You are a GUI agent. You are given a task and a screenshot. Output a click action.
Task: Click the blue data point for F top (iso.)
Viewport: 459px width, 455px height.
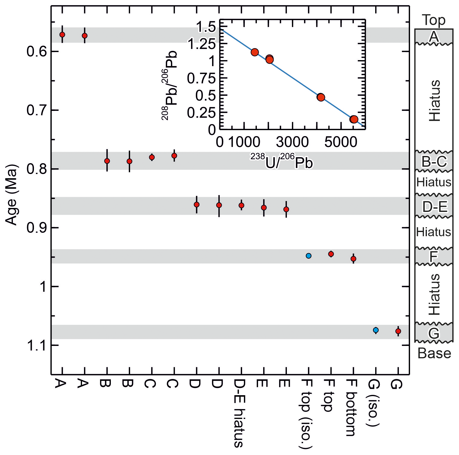(x=309, y=256)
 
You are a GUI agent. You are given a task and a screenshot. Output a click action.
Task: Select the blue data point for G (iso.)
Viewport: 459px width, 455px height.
(x=375, y=330)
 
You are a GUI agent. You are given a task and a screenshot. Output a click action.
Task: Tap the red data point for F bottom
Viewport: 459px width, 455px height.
(x=353, y=259)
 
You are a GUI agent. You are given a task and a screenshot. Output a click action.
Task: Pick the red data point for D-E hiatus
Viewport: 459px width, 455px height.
(x=241, y=205)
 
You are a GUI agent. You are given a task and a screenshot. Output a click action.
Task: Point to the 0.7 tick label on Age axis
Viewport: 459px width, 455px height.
(x=36, y=111)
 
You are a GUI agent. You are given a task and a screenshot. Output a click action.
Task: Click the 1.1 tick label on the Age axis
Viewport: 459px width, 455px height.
(x=36, y=346)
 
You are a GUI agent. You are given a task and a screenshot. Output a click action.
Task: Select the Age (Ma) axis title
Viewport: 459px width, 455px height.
(x=12, y=195)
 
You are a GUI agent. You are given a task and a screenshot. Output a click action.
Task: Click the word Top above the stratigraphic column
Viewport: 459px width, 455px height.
(x=434, y=20)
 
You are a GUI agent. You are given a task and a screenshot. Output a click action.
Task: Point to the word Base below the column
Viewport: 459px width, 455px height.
(x=434, y=353)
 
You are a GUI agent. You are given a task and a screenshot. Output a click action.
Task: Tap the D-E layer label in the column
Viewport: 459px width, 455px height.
(x=435, y=207)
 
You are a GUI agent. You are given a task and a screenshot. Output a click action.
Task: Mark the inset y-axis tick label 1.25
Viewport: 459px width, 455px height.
(x=201, y=44)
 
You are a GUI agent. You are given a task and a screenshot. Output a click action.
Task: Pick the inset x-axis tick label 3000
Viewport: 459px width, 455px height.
(x=292, y=142)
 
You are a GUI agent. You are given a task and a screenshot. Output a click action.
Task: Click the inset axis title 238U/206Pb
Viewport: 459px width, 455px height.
(x=282, y=162)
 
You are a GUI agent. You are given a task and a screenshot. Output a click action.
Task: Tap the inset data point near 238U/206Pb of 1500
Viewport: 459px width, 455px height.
(x=255, y=52)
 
